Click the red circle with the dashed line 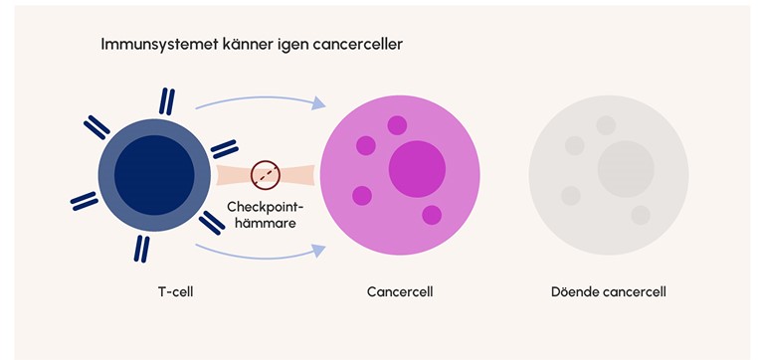pos(265,173)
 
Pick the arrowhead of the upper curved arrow pos(319,102)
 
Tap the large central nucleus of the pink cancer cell pos(417,169)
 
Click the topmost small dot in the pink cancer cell pos(397,125)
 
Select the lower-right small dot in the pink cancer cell pos(432,215)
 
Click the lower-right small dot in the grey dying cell pos(641,215)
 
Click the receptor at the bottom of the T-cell pos(142,247)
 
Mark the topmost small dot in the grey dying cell pos(606,125)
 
